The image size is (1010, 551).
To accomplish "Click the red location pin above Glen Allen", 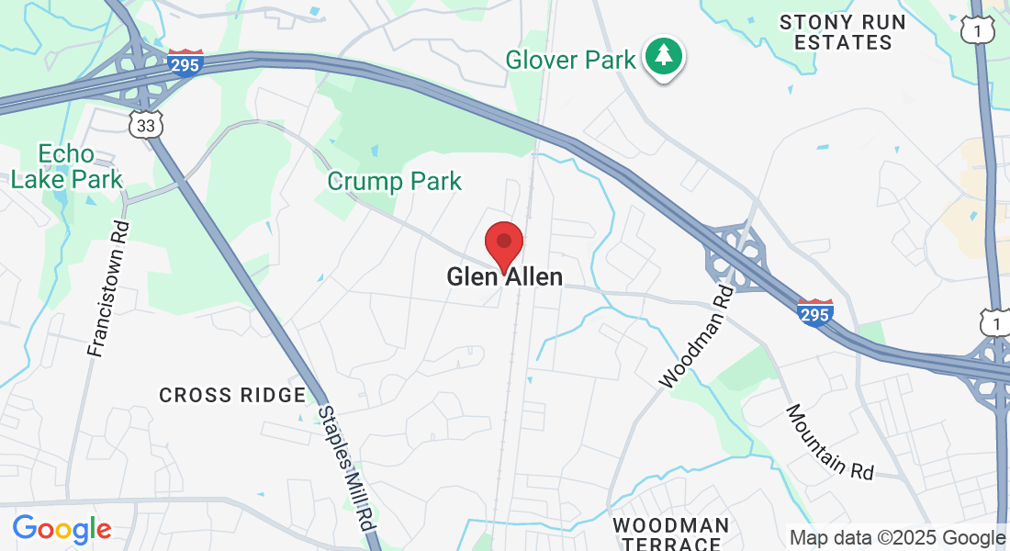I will [504, 243].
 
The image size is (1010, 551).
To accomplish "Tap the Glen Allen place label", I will [504, 276].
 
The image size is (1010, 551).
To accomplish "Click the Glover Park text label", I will [570, 61].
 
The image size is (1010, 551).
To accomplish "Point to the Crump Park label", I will [395, 181].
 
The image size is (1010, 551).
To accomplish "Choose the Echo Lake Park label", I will [66, 165].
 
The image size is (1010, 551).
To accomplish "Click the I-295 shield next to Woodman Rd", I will [814, 312].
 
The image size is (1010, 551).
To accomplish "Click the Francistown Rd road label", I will [107, 288].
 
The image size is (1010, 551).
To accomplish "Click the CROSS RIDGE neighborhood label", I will [232, 395].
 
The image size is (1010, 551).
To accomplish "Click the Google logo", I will [62, 529].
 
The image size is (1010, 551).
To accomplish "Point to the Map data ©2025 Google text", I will [897, 538].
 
